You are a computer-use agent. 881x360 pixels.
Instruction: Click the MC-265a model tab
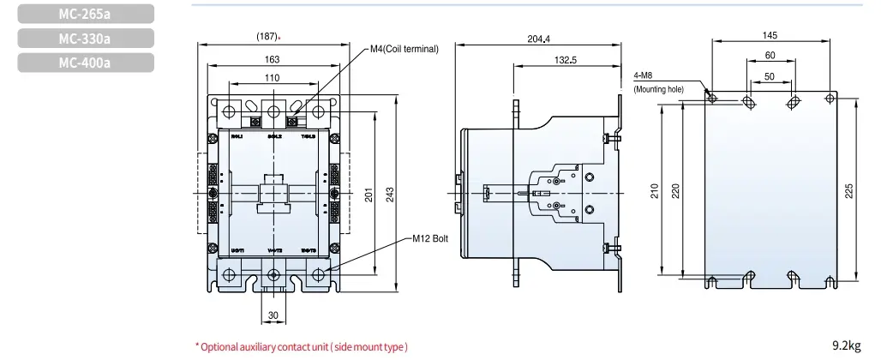pyautogui.click(x=85, y=14)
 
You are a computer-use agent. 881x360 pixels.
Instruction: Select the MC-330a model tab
pyautogui.click(x=85, y=38)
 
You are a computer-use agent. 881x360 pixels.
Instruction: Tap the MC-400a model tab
pyautogui.click(x=85, y=62)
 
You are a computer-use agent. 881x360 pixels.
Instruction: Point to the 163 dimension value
pyautogui.click(x=271, y=59)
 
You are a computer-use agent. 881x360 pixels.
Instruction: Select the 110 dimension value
pyautogui.click(x=272, y=78)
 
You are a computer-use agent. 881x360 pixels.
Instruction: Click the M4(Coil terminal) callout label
pyautogui.click(x=404, y=50)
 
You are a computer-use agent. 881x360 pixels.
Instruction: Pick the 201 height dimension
pyautogui.click(x=369, y=195)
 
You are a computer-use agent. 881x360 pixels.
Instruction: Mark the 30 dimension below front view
pyautogui.click(x=273, y=315)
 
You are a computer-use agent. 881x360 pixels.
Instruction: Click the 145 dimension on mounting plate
pyautogui.click(x=770, y=35)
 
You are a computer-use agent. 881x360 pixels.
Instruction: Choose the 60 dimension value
pyautogui.click(x=770, y=55)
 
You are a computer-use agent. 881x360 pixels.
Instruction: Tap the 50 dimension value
pyautogui.click(x=770, y=76)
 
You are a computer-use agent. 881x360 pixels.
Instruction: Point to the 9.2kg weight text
pyautogui.click(x=846, y=345)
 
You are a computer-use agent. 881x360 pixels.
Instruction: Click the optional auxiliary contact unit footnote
pyautogui.click(x=302, y=346)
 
